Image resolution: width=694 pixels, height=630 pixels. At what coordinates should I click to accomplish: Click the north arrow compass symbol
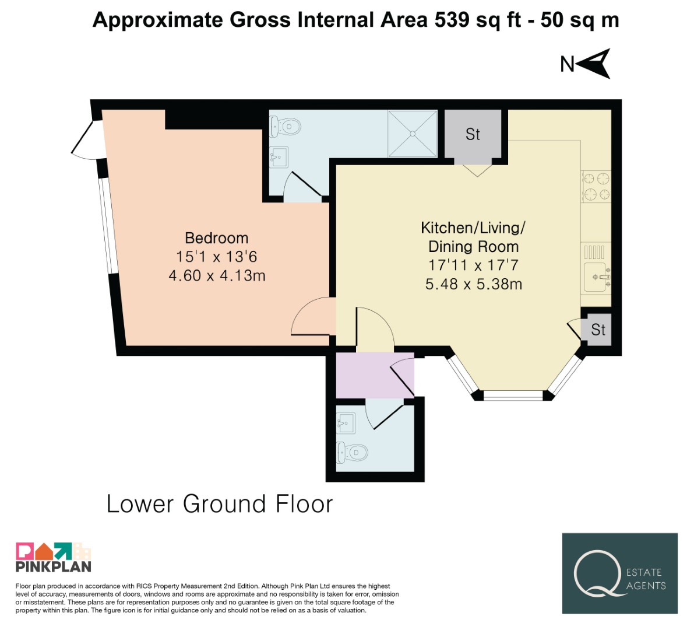(x=594, y=64)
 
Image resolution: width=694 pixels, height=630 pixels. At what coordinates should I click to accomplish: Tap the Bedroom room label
(x=216, y=238)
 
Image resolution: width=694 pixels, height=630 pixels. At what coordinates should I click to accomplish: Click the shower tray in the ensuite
(x=413, y=134)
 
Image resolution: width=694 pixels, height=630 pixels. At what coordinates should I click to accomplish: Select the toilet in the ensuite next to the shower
(x=286, y=126)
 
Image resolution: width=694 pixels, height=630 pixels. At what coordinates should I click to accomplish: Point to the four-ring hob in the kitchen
(x=596, y=187)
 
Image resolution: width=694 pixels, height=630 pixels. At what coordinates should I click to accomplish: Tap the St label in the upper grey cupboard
(x=473, y=134)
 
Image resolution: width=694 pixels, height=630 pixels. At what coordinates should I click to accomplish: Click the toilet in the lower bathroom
(x=353, y=452)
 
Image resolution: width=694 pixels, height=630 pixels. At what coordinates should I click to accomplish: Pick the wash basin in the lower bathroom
(x=346, y=423)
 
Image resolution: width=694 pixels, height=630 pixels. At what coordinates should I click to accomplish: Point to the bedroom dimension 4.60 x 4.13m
(x=217, y=275)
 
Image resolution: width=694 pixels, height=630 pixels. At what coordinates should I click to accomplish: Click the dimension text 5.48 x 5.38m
(x=474, y=284)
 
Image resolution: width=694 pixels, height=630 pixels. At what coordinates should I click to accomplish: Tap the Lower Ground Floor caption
(x=220, y=504)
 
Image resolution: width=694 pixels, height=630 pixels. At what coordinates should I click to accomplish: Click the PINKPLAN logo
(x=54, y=557)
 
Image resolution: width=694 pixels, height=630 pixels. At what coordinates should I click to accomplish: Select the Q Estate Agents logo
(x=619, y=573)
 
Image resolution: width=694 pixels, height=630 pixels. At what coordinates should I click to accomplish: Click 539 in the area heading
(x=452, y=20)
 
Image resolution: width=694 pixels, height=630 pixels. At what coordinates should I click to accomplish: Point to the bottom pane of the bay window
(x=513, y=395)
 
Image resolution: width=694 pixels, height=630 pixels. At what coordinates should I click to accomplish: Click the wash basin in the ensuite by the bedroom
(x=279, y=157)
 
